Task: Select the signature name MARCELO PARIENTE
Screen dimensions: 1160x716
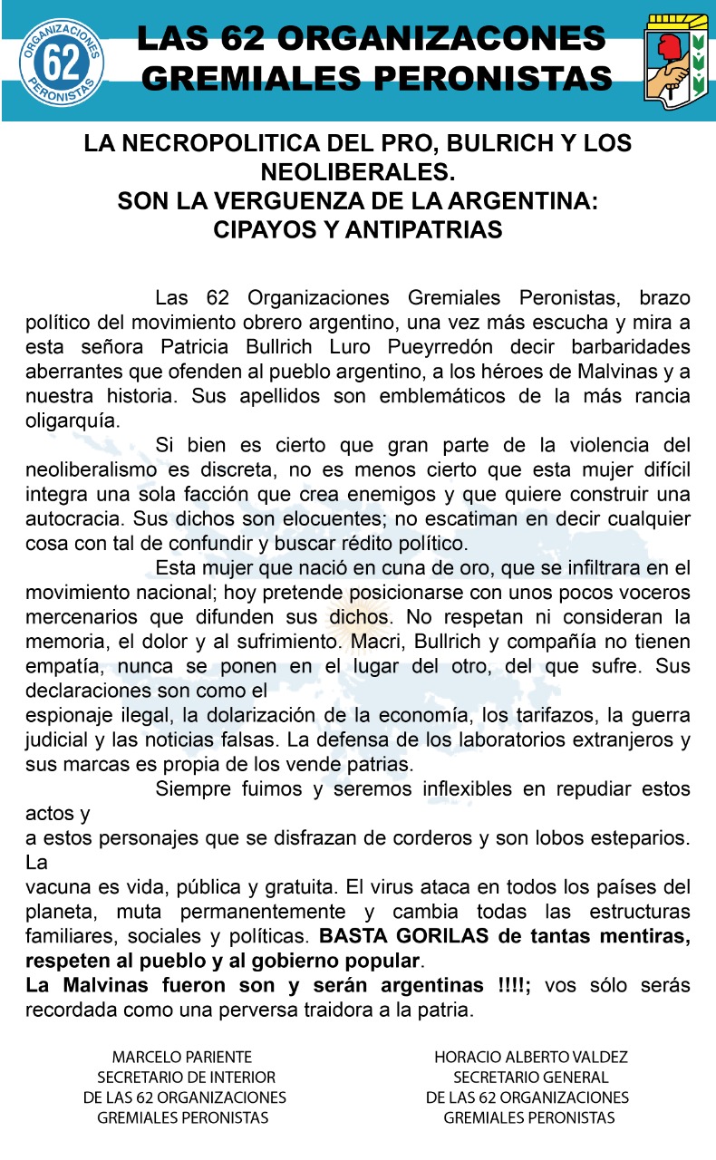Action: point(182,1057)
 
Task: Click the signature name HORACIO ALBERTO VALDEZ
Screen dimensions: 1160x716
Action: point(531,1057)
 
